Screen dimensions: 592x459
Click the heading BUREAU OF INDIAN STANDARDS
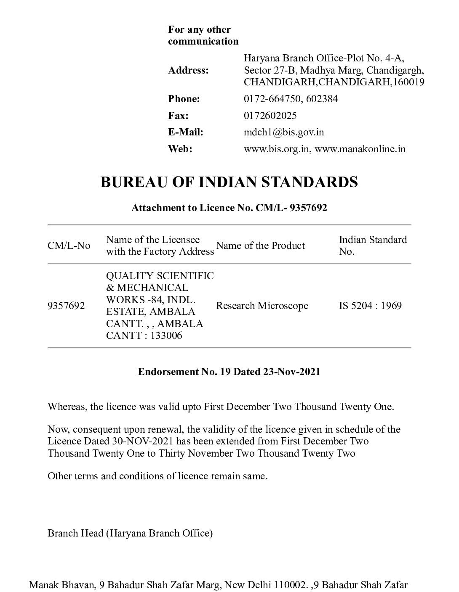click(x=229, y=182)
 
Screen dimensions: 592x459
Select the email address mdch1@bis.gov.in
click(x=284, y=132)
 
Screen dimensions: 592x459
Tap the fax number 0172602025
click(x=270, y=115)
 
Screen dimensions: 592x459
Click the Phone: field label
click(x=184, y=99)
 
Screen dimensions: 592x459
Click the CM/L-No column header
click(x=69, y=246)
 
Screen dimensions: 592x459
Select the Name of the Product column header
click(x=260, y=246)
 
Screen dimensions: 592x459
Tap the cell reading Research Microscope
click(x=262, y=306)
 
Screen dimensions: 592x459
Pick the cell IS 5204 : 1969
click(x=370, y=306)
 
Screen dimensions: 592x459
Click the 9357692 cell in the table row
click(x=66, y=306)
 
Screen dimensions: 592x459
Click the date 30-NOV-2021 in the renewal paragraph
click(x=144, y=441)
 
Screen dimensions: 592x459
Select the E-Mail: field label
click(x=186, y=132)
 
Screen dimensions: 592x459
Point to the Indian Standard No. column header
click(x=373, y=246)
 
